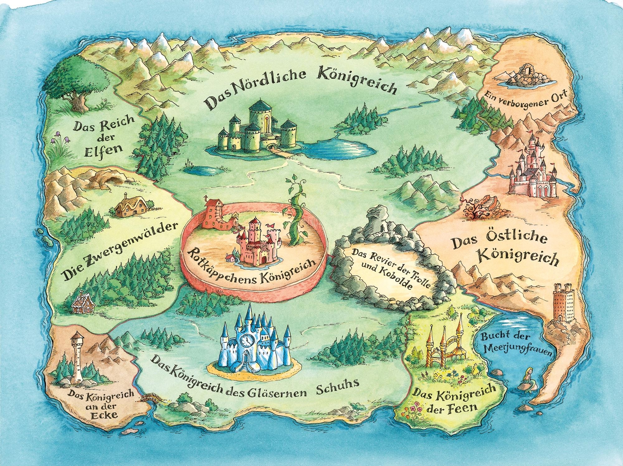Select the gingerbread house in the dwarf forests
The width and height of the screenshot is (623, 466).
(x=83, y=303)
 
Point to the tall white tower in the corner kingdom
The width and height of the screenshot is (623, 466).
(x=78, y=357)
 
